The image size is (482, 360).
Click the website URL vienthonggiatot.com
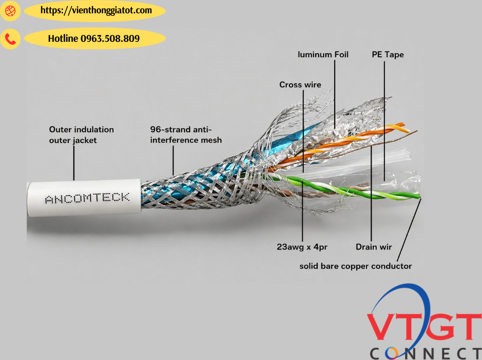pos(96,10)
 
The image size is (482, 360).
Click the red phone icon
pos(10,39)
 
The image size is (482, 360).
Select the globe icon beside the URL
pos(10,11)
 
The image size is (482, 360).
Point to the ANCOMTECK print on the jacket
pos(88,198)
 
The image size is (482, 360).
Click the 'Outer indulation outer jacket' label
pos(82,135)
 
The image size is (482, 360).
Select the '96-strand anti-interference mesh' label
pos(186,135)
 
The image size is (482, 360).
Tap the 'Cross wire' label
pos(301,85)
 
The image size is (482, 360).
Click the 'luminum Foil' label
pos(323,55)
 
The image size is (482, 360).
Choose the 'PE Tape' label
pos(388,55)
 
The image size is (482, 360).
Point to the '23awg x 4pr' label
pos(302,247)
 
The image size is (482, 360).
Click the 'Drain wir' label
pos(374,247)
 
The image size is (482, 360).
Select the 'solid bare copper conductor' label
pos(356,266)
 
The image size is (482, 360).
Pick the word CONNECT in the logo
pos(426,354)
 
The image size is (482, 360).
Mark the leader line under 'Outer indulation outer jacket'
pos(74,163)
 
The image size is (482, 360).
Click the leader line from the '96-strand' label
pos(173,160)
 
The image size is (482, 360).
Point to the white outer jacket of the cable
pos(84,198)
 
